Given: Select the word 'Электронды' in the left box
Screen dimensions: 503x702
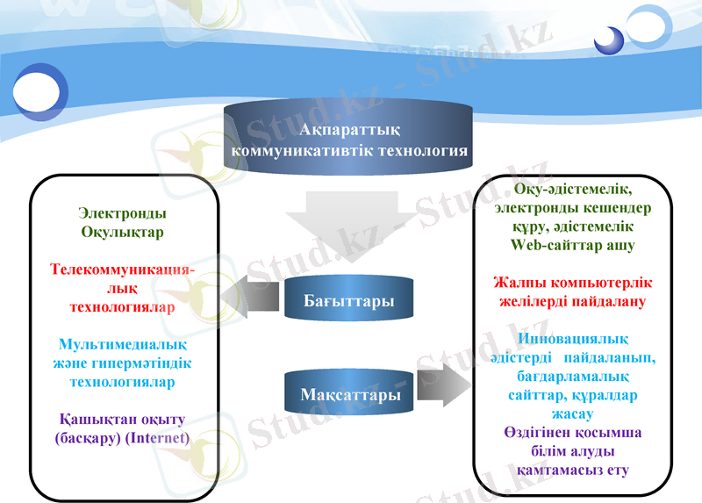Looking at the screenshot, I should click(x=123, y=213).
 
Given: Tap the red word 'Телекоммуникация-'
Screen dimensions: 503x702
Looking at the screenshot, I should click(x=122, y=269).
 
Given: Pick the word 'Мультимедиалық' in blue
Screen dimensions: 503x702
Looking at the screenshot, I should click(x=122, y=345).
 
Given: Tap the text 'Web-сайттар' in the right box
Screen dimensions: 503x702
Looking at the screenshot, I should click(x=555, y=246).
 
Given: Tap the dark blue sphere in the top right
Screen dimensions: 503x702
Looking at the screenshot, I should click(x=608, y=40).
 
